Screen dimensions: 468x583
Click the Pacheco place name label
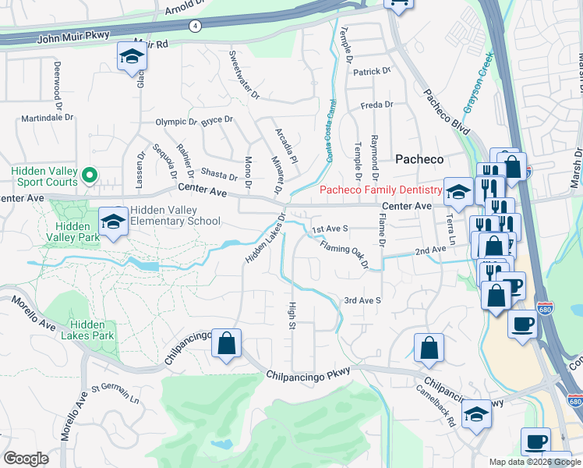point(419,159)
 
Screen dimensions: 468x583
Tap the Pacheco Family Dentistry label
point(381,190)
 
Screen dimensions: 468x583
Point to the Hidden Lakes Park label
point(92,330)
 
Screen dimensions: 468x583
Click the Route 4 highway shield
point(194,26)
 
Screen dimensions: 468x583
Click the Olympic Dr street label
point(177,122)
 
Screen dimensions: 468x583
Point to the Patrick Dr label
point(371,71)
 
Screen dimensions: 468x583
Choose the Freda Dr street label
point(376,105)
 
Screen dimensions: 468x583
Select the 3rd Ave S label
point(362,300)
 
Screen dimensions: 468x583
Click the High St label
point(293,315)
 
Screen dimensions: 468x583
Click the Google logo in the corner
point(26,459)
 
